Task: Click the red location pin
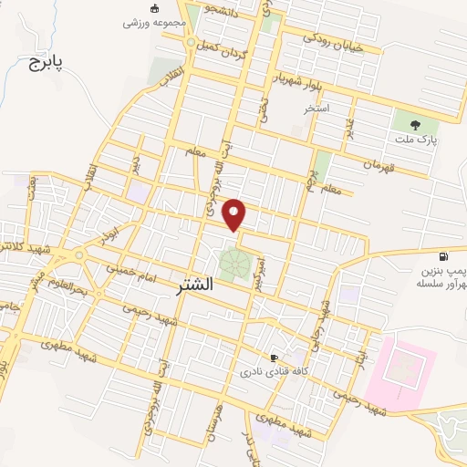click(235, 213)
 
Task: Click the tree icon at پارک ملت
click(416, 124)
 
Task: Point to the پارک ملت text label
click(417, 140)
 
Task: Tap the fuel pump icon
click(443, 258)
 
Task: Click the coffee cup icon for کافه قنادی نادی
click(274, 358)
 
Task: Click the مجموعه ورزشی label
click(157, 21)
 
